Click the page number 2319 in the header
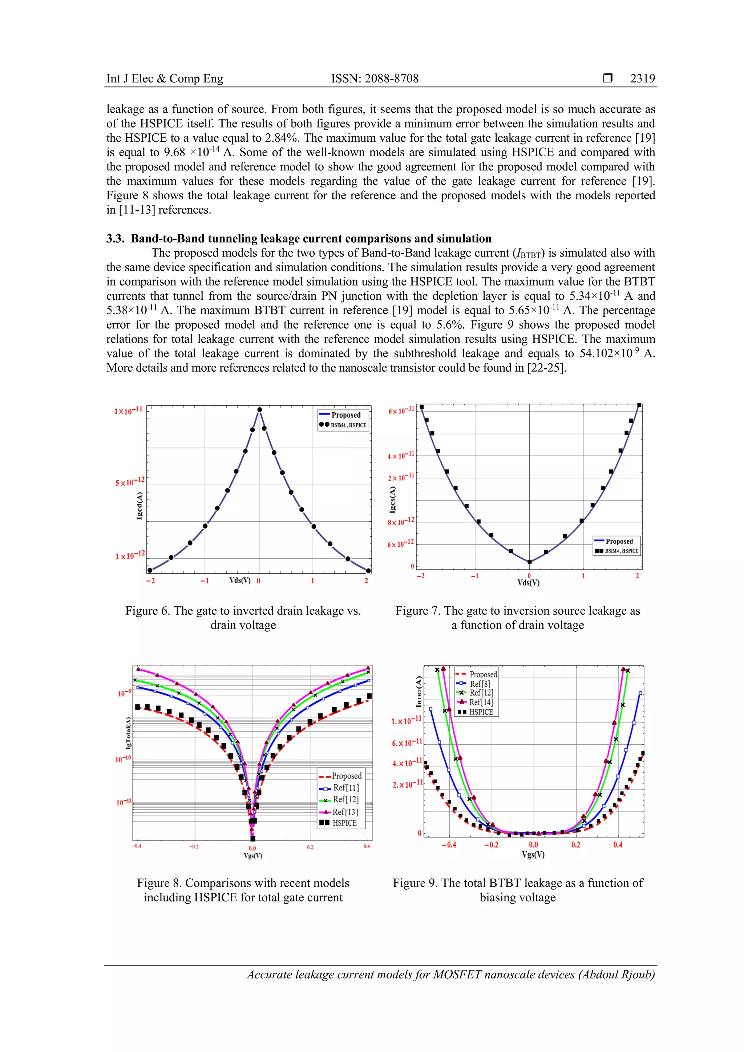tap(642, 78)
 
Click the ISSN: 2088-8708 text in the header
tap(375, 78)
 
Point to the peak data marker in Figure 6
tap(259, 410)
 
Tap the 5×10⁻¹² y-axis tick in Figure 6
tap(130, 482)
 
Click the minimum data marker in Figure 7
tap(530, 562)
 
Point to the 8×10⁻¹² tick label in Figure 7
tap(401, 521)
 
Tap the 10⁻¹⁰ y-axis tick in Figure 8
tap(123, 759)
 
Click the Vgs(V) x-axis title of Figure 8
tap(253, 855)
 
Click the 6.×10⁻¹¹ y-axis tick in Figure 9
tap(407, 743)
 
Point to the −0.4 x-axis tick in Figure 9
tap(449, 845)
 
